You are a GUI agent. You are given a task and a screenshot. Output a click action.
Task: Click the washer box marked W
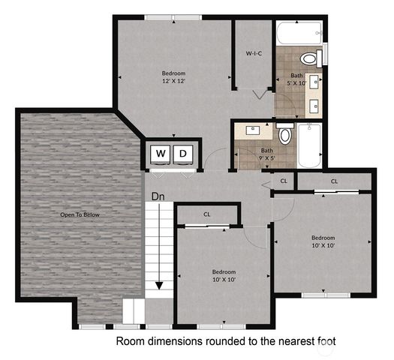click(x=161, y=154)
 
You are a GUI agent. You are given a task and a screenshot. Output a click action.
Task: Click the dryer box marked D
click(x=183, y=154)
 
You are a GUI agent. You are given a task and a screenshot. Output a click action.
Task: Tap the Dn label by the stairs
click(x=158, y=196)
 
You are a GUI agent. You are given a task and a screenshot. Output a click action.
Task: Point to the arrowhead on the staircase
click(x=159, y=285)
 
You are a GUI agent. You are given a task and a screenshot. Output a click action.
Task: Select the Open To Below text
click(x=80, y=214)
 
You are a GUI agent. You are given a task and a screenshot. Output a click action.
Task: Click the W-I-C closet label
click(x=254, y=54)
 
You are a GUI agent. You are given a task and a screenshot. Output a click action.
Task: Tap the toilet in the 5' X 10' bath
click(x=308, y=58)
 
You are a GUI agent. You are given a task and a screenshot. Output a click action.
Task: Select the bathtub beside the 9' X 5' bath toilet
click(x=309, y=146)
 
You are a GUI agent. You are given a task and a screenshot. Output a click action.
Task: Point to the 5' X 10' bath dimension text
click(x=297, y=83)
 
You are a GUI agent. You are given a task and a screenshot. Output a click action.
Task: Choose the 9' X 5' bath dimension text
click(x=267, y=158)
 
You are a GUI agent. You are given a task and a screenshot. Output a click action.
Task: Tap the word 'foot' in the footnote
click(x=325, y=341)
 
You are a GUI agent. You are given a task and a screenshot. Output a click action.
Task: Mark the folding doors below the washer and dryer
click(x=173, y=171)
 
